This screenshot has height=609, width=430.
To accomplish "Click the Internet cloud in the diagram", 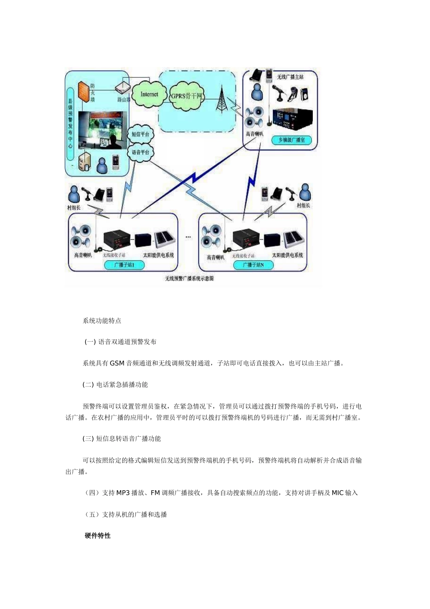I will (x=149, y=94).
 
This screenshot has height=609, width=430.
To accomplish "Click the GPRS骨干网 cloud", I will (x=186, y=96).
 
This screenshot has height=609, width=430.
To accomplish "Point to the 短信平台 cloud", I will (x=140, y=134).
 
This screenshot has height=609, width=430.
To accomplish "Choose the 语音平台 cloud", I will (x=140, y=152).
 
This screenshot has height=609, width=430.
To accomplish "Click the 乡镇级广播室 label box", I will (x=291, y=140).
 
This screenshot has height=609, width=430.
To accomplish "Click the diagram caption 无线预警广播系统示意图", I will (x=189, y=278).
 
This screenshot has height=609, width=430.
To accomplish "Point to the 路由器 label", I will (x=124, y=100).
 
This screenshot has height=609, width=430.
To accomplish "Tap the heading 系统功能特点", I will (x=102, y=321).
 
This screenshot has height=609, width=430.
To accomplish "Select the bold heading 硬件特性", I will (x=97, y=536).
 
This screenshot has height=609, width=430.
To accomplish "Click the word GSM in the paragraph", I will (x=117, y=363).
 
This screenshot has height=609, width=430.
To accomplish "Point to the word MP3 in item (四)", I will (x=123, y=493).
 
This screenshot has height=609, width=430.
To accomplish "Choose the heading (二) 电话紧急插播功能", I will (x=115, y=385).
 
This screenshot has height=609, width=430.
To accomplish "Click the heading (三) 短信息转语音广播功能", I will (x=122, y=439).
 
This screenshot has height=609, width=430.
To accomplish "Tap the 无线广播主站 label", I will (x=290, y=77).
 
